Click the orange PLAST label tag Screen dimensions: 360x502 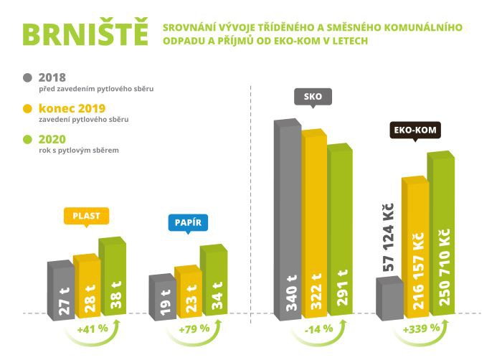pos(86,216)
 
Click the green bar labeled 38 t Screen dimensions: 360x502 pos(113,276)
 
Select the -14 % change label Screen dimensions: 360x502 pos(314,329)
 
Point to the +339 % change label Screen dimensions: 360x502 pos(416,329)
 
